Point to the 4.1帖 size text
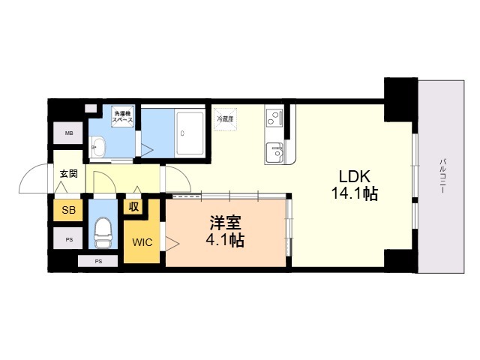pyautogui.click(x=224, y=241)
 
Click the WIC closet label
pyautogui.click(x=142, y=242)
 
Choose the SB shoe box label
pyautogui.click(x=68, y=210)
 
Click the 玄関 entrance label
pyautogui.click(x=68, y=174)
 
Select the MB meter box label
pyautogui.click(x=69, y=134)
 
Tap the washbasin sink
pyautogui.click(x=99, y=146)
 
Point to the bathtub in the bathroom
pyautogui.click(x=190, y=133)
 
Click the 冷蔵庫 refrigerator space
pyautogui.click(x=225, y=119)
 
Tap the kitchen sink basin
pyautogui.click(x=276, y=153)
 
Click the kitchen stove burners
pyautogui.click(x=274, y=118)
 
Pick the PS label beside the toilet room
pyautogui.click(x=68, y=240)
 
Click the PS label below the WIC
pyautogui.click(x=100, y=262)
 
